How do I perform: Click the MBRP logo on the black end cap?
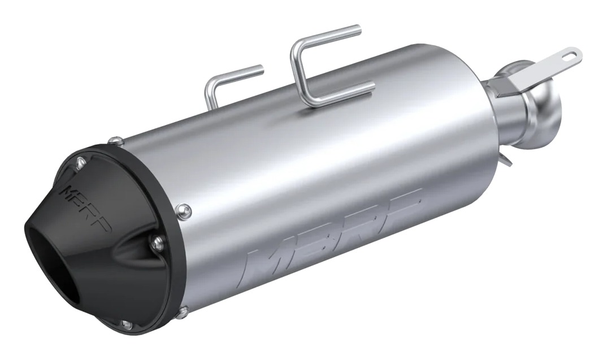point(85,209)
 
